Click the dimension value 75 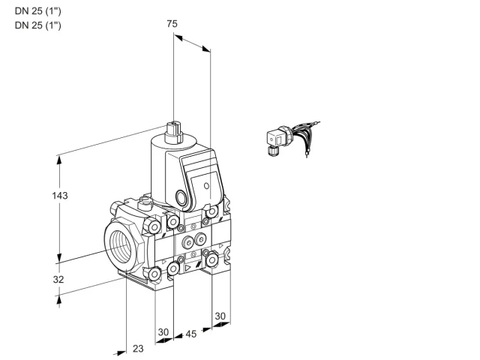coord(172,23)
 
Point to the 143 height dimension coord(60,195)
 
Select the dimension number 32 coord(58,279)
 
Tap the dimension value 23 coord(138,348)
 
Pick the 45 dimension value coord(191,334)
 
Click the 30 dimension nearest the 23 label coord(163,332)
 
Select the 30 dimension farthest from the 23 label coord(220,316)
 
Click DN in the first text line coord(21,11)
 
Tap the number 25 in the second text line coord(37,25)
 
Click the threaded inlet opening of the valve coord(121,245)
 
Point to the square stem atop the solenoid coord(174,127)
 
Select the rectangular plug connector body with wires coord(274,139)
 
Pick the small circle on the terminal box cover coord(207,185)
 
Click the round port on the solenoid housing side coord(181,196)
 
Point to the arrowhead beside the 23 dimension coord(121,352)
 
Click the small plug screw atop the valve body coord(145,202)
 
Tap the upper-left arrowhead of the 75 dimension coord(178,37)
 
